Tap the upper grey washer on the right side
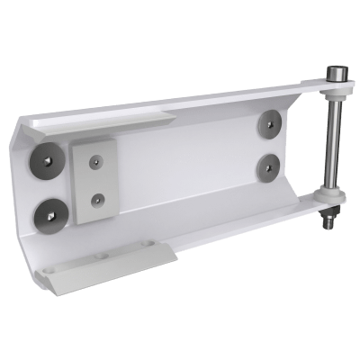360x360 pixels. coord(269,122)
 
